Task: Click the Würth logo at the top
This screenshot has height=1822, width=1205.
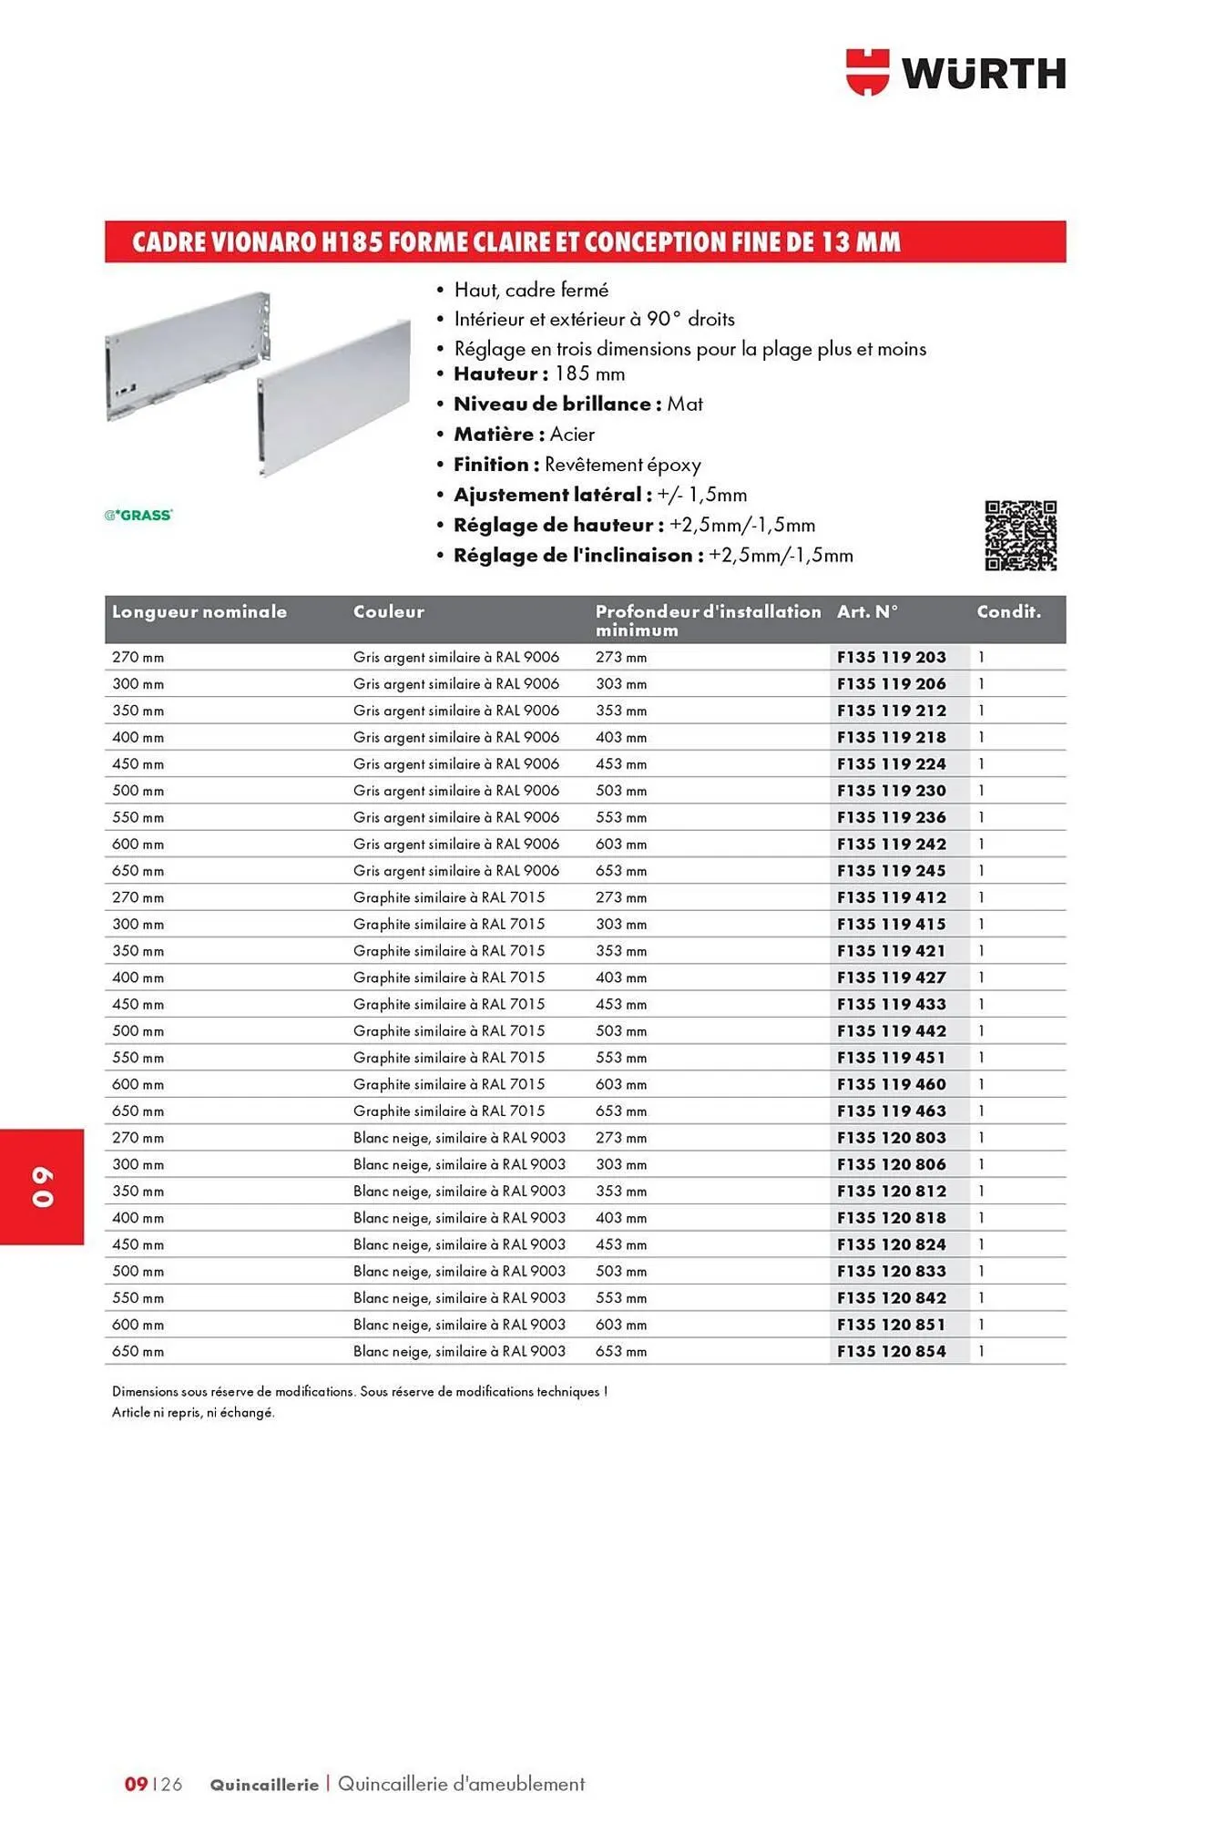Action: coord(955,73)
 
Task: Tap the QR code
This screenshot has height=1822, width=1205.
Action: coord(1020,536)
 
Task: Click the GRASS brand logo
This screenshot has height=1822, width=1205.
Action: coord(138,515)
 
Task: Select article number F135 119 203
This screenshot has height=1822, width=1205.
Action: coord(891,657)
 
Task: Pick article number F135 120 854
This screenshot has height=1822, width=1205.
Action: coord(891,1351)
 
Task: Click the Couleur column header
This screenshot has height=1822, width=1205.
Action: coord(388,612)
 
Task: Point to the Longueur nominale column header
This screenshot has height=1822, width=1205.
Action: coord(199,612)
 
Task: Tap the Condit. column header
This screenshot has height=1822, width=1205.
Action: coord(1008,612)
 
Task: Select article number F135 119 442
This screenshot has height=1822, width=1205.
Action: coord(891,1030)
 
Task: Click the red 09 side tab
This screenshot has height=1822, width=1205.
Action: coord(42,1186)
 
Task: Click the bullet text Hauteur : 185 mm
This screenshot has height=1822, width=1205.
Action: coord(538,374)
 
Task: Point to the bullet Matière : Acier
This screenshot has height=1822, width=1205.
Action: coord(524,435)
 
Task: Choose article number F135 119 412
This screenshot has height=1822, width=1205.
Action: coord(891,897)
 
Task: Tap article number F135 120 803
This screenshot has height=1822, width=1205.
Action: coord(891,1137)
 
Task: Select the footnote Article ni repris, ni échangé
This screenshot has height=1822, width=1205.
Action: coord(193,1412)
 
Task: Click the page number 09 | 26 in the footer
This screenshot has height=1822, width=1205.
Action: coord(153,1784)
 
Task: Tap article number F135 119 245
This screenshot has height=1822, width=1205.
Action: coord(891,871)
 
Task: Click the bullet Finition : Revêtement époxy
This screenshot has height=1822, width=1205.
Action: coord(577,465)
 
